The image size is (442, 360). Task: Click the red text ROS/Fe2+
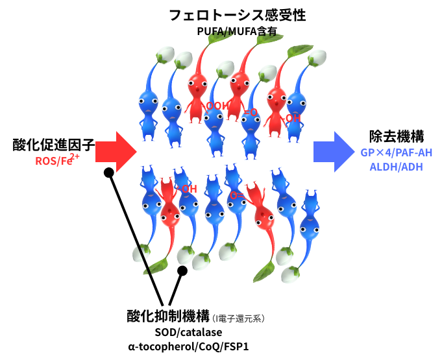pos(58,160)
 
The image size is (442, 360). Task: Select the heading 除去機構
pos(397,137)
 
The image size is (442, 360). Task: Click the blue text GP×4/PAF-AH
pos(396,153)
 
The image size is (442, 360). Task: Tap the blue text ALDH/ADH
pos(396,167)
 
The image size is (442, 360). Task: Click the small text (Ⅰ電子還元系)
pos(239,318)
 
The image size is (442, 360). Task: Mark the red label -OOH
pos(217,106)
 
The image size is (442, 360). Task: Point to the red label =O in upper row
pos(251,113)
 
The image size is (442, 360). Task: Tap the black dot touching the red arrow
pos(109,173)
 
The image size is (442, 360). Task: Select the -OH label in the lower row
pos(187,189)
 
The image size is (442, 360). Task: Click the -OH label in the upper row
pos(292,118)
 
